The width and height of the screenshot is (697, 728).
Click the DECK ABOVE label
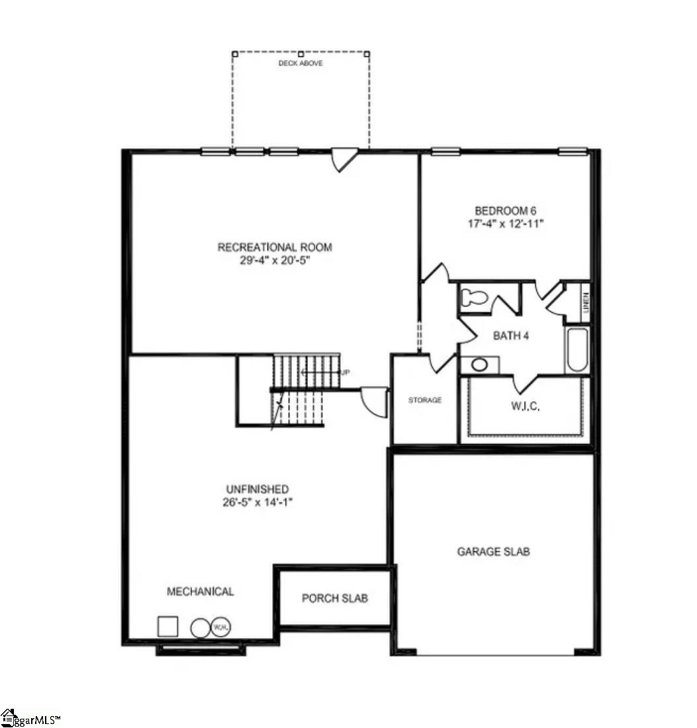tap(301, 64)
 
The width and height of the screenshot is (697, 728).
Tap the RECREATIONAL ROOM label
tap(275, 248)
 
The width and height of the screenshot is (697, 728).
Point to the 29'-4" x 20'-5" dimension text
tap(275, 260)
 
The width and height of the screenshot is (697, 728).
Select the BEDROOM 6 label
tap(506, 211)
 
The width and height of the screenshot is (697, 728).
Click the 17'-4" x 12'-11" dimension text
tap(506, 224)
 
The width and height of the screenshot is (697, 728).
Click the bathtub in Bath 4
tap(576, 349)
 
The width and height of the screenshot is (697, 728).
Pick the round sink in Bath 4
tap(479, 365)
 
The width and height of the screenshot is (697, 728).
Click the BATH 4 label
tap(510, 336)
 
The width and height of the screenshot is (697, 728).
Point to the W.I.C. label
tap(525, 406)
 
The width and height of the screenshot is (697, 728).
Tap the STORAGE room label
tap(424, 400)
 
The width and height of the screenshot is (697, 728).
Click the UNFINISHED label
tap(257, 489)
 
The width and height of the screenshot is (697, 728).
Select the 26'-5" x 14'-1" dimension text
tap(257, 502)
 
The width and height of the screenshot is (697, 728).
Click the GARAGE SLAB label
tap(493, 551)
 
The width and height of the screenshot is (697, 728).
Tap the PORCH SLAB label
tap(334, 598)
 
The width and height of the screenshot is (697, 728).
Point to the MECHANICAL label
tap(200, 592)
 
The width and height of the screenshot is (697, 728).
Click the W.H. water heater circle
tap(220, 627)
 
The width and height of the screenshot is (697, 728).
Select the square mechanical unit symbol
tap(167, 626)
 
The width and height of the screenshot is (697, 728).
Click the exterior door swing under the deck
tap(344, 159)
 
